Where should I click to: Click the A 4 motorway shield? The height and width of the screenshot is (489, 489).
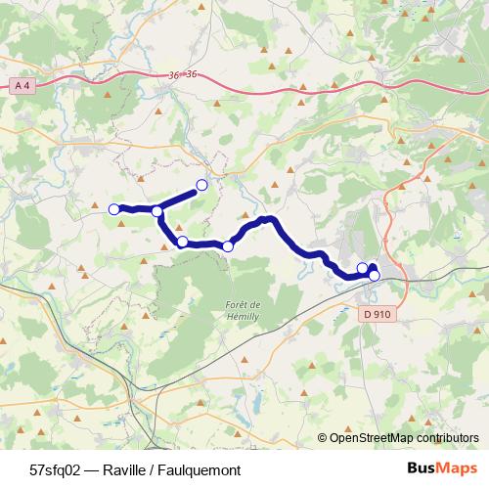coord(22,88)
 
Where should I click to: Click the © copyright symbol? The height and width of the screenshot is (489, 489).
coord(323,439)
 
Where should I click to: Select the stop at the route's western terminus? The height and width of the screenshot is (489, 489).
coord(113,208)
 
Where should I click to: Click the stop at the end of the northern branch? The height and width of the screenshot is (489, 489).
coord(202,185)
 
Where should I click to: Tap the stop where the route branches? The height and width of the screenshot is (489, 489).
coord(156,211)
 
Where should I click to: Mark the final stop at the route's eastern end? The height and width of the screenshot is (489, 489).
coord(374,276)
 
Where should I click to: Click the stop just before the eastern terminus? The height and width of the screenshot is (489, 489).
coord(362,268)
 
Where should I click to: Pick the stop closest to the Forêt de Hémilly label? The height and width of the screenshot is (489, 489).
coord(228,246)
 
